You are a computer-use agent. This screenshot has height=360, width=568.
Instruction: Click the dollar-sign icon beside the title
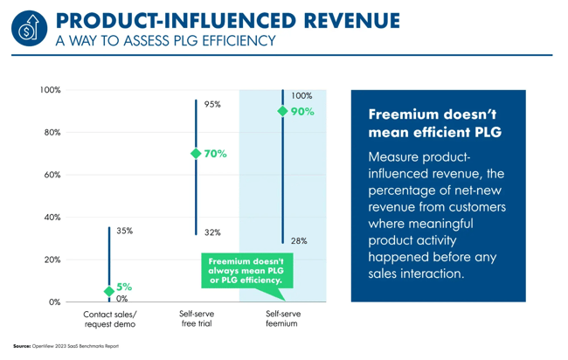click(x=28, y=28)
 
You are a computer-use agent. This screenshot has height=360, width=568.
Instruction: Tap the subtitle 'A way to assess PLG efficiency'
click(x=165, y=40)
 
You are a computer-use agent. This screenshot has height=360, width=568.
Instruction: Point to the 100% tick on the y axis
click(x=50, y=91)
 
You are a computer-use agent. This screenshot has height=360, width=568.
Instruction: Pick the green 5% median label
click(x=125, y=287)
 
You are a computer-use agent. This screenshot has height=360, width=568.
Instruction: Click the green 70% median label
click(x=215, y=154)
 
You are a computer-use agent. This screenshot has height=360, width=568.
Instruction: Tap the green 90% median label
click(x=301, y=112)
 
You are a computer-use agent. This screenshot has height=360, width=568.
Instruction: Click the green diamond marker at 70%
click(x=196, y=154)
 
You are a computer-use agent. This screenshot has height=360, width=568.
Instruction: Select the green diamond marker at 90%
click(x=282, y=111)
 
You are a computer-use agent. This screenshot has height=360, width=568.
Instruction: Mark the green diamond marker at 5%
click(x=109, y=291)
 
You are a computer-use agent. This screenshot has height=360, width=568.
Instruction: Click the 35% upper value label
click(x=125, y=231)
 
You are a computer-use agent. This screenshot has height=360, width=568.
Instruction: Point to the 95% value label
click(x=212, y=104)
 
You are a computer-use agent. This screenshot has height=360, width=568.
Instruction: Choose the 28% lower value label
click(x=299, y=240)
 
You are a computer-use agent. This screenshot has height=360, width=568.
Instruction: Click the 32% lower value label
click(x=212, y=232)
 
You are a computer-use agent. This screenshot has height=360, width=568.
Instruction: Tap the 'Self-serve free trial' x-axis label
click(x=196, y=318)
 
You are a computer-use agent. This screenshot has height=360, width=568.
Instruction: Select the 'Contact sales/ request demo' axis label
click(x=109, y=318)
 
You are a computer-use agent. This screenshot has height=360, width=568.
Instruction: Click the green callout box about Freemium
click(x=245, y=271)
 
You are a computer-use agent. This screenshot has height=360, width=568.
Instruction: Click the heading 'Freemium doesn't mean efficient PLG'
click(x=434, y=124)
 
